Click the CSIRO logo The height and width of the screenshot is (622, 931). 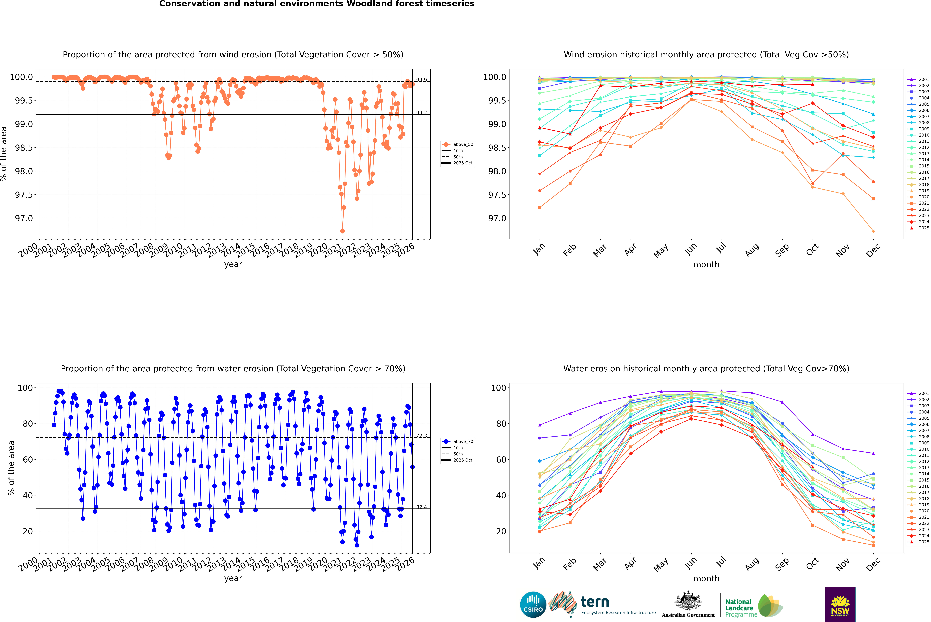pos(533,605)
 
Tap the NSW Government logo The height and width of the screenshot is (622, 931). pos(840,605)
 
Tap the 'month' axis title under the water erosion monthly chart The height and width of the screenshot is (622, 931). pos(706,579)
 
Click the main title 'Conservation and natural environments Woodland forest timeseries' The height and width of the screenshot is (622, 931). pos(317,4)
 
